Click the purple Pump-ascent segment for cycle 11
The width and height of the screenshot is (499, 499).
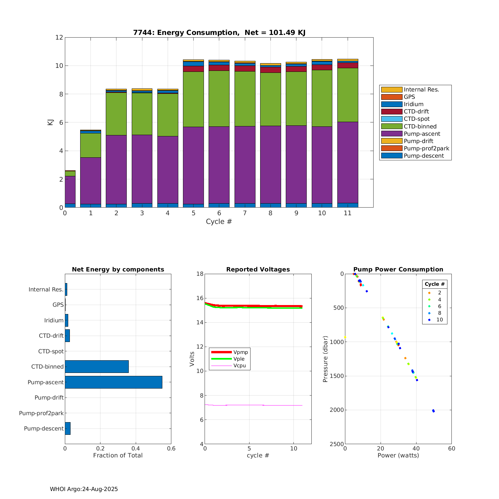348,162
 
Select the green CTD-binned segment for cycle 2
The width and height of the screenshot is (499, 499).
116,114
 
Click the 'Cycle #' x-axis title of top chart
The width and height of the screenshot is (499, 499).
219,222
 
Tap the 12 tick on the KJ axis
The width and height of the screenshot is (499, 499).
59,37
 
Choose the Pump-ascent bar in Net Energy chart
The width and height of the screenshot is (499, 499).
113,382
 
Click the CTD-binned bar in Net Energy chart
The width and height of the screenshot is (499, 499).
96,367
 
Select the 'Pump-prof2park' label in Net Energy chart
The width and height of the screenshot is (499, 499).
41,413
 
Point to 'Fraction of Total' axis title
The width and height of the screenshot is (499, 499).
118,455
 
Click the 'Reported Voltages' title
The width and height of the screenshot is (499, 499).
258,269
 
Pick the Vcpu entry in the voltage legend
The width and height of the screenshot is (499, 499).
240,366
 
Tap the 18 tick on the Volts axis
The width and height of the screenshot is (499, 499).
200,274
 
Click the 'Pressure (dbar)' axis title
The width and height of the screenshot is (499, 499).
325,359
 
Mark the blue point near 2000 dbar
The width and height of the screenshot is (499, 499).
433,411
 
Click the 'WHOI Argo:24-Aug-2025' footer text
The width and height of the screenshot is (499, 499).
84,489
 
